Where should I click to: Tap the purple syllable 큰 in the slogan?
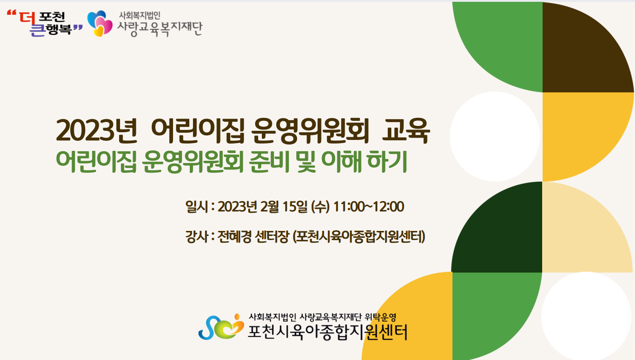click(x=38, y=30)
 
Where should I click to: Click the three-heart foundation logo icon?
click(x=100, y=24)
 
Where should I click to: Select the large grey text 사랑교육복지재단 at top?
click(x=160, y=29)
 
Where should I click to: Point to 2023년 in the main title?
click(x=96, y=131)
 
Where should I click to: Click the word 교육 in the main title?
click(x=406, y=131)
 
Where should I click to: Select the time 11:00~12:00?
click(x=369, y=206)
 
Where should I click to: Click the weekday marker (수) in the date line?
click(x=320, y=206)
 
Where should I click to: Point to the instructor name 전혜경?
click(x=235, y=236)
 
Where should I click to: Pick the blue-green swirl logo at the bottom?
click(x=221, y=327)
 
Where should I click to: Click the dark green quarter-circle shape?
click(x=497, y=227)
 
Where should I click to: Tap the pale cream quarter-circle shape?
click(x=587, y=227)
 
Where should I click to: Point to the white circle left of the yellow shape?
click(x=495, y=136)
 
